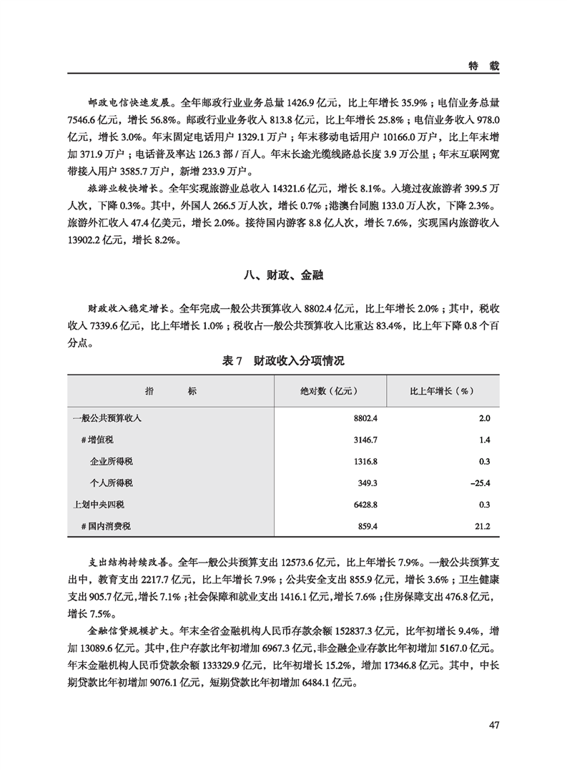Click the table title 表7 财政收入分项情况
(x=283, y=362)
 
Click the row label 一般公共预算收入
(x=107, y=418)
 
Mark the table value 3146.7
(x=364, y=440)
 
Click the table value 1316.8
(x=364, y=461)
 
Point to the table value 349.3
(x=367, y=483)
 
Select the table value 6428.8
(x=364, y=505)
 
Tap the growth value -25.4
(x=479, y=483)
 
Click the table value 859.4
(x=367, y=527)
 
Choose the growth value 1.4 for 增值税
(x=484, y=440)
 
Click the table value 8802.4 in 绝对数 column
(x=364, y=418)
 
